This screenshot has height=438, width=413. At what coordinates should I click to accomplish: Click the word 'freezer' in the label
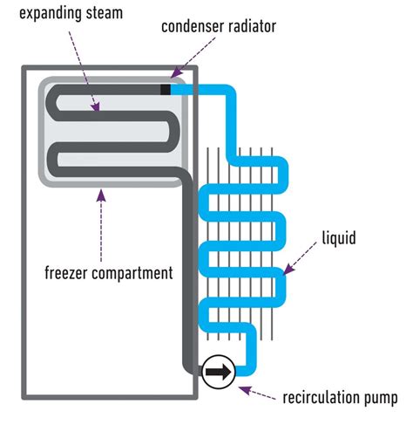point(66,272)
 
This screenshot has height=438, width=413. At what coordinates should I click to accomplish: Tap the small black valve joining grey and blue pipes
point(166,88)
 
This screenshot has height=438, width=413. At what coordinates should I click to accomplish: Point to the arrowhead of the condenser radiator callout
point(173,79)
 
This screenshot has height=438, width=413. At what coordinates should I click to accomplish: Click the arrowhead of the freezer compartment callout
point(102,194)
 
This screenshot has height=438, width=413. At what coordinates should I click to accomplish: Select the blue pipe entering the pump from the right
point(244,373)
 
